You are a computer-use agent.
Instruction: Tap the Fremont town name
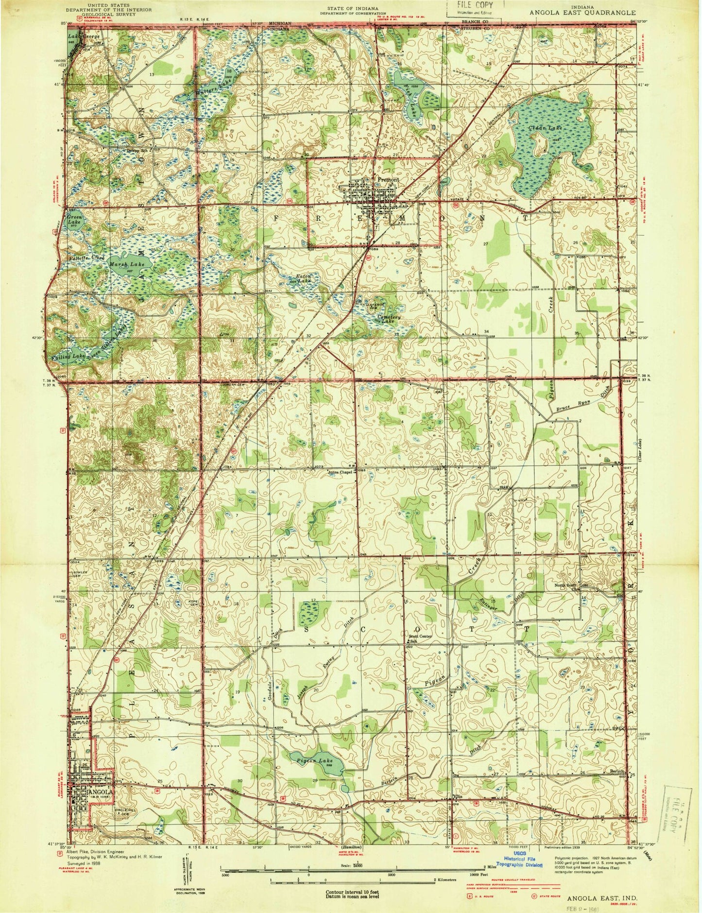(388, 180)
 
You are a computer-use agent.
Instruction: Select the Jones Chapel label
(339, 471)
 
